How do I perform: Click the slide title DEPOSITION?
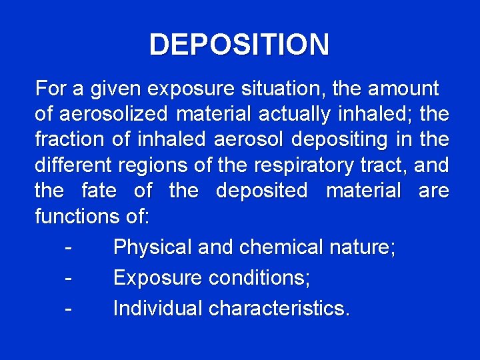[x=239, y=45]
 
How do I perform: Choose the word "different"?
[x=71, y=166]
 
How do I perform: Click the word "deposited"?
[x=262, y=192]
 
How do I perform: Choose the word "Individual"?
[x=157, y=309]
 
